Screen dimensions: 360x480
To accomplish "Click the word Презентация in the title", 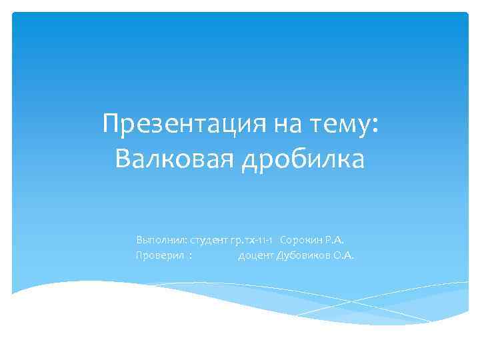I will [174, 123].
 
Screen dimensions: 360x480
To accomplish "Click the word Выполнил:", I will [161, 239].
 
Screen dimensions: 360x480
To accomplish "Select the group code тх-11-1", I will [260, 239].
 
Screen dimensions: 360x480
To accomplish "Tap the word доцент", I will [256, 255].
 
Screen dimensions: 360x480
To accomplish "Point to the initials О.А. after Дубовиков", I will [343, 255].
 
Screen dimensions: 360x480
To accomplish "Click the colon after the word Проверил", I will [191, 256].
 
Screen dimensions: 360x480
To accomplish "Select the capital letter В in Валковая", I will [123, 159].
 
